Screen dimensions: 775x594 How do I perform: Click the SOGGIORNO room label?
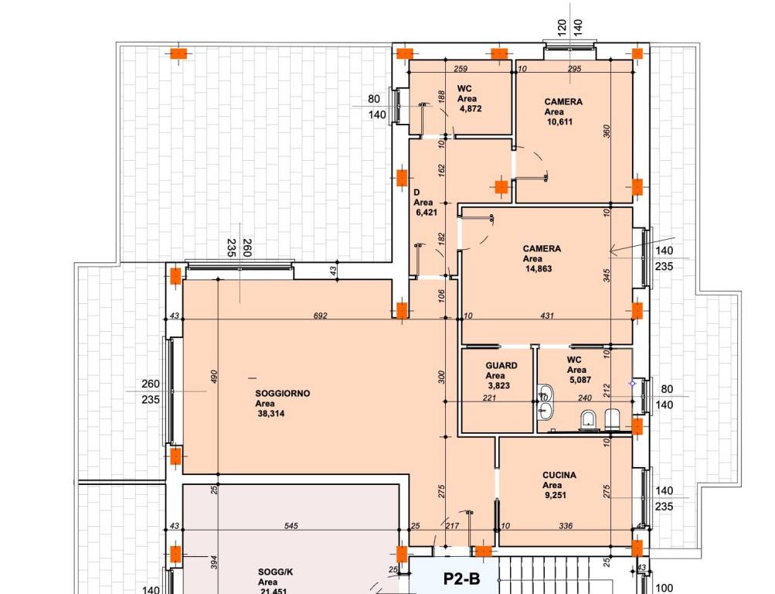283,394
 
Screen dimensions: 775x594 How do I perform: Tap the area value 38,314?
271,414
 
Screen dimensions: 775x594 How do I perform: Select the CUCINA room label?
559,476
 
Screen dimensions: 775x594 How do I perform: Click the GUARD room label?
501,366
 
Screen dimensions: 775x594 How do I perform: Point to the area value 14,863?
539,269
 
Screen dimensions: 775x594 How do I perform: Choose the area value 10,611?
559,121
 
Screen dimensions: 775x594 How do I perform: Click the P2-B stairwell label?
461,579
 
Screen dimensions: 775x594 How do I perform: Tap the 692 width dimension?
321,316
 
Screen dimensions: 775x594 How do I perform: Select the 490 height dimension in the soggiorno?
214,377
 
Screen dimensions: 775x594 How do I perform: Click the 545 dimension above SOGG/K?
291,526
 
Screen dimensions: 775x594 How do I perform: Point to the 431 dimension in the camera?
547,316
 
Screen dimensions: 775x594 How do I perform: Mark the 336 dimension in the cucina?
566,526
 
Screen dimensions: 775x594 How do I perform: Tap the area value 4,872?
470,109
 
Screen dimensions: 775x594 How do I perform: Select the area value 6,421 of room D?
427,213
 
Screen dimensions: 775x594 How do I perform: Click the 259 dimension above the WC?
461,69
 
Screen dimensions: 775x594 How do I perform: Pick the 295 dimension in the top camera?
574,69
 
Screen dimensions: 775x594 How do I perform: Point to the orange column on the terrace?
178,53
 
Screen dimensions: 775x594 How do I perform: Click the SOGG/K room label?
275,572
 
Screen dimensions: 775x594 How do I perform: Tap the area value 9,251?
556,496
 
